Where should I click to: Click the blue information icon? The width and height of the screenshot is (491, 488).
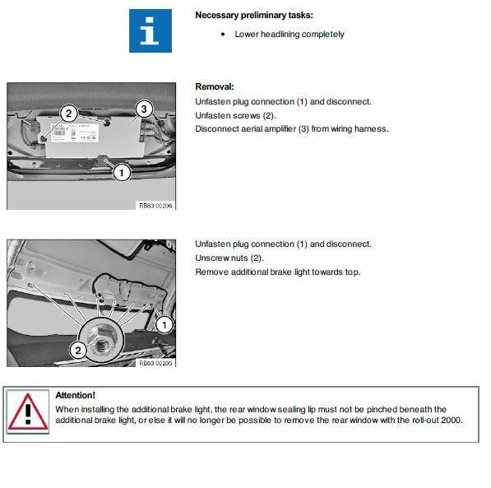point(151,30)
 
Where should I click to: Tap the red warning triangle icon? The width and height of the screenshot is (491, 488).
point(28,411)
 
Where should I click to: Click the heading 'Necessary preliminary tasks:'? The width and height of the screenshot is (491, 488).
point(254,15)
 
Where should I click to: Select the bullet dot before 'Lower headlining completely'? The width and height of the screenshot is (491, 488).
point(223,35)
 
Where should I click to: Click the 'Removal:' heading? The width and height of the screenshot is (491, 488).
point(215,86)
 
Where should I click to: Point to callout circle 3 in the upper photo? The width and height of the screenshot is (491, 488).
point(144,109)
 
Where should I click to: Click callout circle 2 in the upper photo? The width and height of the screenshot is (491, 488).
point(68,113)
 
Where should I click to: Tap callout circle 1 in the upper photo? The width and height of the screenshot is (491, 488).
point(122,172)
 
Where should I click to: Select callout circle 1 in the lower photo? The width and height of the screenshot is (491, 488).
point(164,325)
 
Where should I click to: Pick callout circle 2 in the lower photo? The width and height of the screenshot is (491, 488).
point(78,350)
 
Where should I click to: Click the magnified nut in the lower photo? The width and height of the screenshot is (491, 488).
point(101,340)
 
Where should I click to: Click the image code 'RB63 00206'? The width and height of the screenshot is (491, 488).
point(155,206)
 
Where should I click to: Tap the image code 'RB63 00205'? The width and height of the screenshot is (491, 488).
point(155,363)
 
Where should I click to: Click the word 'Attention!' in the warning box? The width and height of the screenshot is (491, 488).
point(75,395)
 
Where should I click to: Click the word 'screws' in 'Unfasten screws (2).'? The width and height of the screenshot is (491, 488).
point(245,116)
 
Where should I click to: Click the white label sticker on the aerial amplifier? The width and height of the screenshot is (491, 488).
point(75,132)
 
